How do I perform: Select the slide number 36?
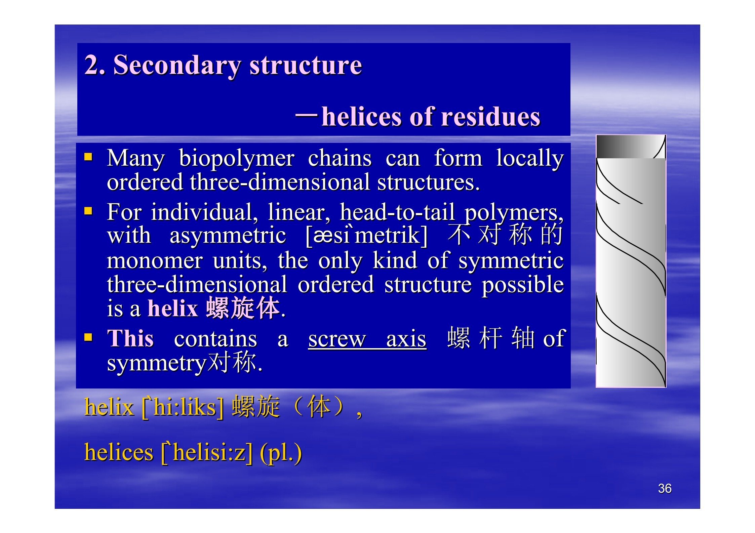tap(665, 488)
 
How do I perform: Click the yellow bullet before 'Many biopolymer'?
tap(88, 157)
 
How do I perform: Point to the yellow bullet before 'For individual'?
tap(88, 211)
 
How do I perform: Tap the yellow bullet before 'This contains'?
tap(88, 337)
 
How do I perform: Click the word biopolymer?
tap(237, 159)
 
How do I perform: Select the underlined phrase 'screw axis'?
tap(367, 339)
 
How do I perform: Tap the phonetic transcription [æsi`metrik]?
tap(367, 235)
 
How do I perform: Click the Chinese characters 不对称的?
tap(505, 234)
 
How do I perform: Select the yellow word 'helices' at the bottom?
tap(119, 452)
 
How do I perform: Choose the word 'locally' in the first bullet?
tap(530, 159)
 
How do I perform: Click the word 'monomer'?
tap(155, 260)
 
